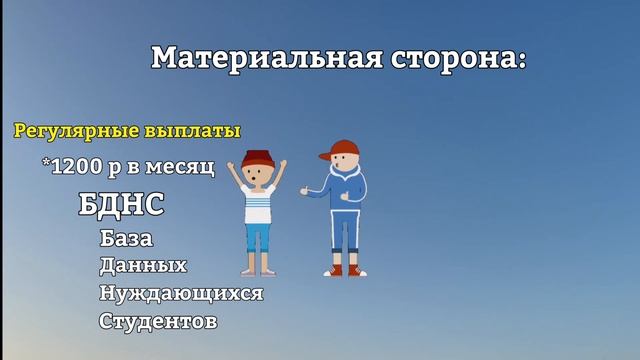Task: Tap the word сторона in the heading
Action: [448, 58]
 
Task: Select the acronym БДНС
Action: [120, 206]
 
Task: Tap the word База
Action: [126, 240]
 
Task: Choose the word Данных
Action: [143, 266]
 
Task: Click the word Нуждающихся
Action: [181, 294]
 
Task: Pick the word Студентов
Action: [158, 322]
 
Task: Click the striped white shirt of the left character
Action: [259, 205]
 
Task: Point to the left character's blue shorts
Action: [258, 237]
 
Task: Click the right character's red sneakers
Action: [344, 269]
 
